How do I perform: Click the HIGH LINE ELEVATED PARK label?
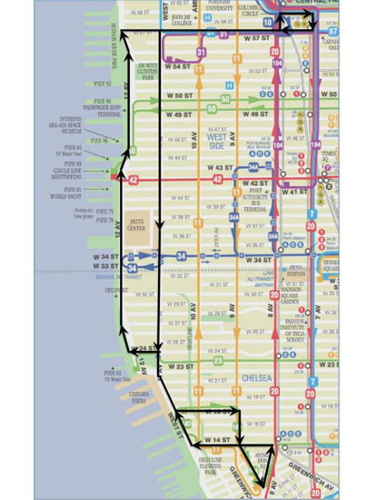(x=216, y=467)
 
